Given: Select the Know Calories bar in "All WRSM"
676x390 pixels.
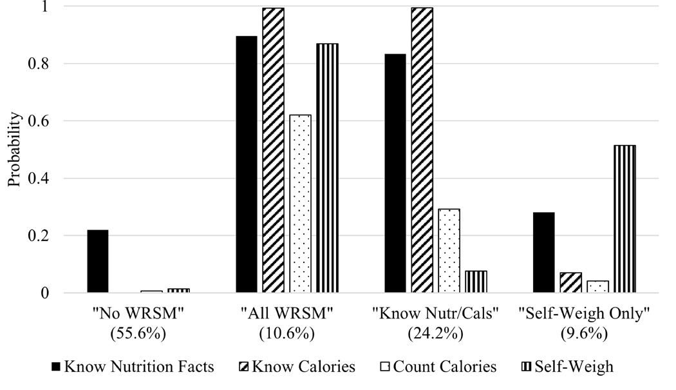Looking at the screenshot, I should point(273,150).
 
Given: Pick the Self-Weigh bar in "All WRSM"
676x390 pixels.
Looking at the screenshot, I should point(327,168).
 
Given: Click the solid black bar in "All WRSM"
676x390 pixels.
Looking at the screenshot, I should point(246,164).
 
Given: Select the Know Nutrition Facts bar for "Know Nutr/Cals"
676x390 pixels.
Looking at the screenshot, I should point(395,173).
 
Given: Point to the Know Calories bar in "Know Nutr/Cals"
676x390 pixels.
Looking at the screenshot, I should point(422,150).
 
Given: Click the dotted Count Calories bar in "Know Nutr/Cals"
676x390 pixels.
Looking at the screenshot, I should point(449,251).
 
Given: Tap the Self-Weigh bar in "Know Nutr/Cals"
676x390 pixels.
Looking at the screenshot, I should point(476,282).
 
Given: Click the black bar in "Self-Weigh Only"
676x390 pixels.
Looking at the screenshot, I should point(543,253).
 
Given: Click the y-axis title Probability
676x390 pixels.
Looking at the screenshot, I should point(14,150).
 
